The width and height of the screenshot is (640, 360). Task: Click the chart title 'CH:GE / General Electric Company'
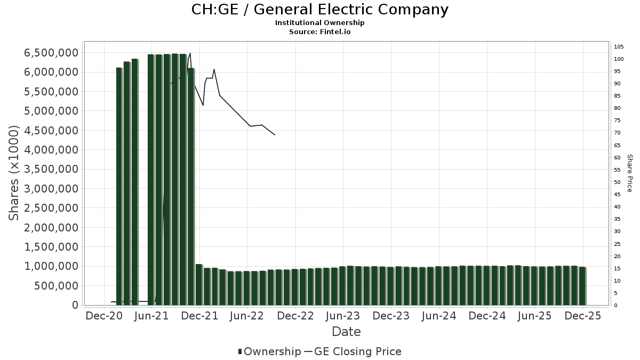click(x=319, y=10)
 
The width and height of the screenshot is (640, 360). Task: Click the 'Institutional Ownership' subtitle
click(x=319, y=23)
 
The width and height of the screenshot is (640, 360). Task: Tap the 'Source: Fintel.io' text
click(x=319, y=32)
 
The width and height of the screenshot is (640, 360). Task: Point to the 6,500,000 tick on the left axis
click(x=51, y=53)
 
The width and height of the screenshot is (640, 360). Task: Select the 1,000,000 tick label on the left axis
click(x=51, y=266)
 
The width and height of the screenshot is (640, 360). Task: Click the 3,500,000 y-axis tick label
click(x=51, y=169)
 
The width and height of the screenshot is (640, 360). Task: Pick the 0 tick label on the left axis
click(x=75, y=305)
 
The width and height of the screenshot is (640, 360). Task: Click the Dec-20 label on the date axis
click(x=104, y=316)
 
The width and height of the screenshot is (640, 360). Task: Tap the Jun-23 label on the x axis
click(x=343, y=316)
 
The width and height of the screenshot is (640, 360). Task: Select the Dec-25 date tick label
click(x=583, y=316)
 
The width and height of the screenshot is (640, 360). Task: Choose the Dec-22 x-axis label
click(x=295, y=316)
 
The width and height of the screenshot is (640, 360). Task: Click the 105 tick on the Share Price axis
click(x=619, y=46)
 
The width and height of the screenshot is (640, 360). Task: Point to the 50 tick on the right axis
click(x=618, y=182)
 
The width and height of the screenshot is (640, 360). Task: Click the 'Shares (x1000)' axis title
click(x=14, y=173)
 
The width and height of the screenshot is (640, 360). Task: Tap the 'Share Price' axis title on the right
click(x=629, y=173)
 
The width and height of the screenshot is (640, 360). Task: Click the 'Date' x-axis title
click(x=346, y=332)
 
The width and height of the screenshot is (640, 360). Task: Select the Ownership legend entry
click(x=269, y=351)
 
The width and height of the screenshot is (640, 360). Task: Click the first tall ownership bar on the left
click(x=119, y=187)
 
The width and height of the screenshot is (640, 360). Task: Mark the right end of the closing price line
click(x=275, y=135)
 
